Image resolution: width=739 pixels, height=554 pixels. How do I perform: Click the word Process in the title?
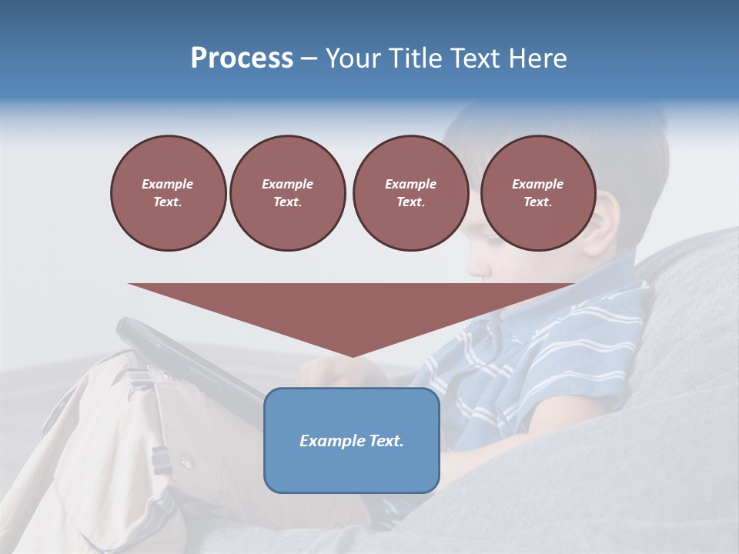pyautogui.click(x=242, y=58)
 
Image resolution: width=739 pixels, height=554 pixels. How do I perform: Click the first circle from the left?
pyautogui.click(x=168, y=192)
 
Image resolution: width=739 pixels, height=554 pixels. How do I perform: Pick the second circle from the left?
pyautogui.click(x=287, y=192)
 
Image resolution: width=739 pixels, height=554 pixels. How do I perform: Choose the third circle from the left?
pyautogui.click(x=410, y=192)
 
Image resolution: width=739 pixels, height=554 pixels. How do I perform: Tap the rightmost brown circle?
pyautogui.click(x=537, y=192)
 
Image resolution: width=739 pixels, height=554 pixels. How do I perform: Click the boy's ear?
pyautogui.click(x=604, y=219)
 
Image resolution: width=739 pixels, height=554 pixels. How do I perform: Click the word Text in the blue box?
pyautogui.click(x=385, y=441)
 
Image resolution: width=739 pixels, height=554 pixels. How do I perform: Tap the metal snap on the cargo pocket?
pyautogui.click(x=186, y=462)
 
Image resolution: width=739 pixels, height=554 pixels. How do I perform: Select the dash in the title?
pyautogui.click(x=309, y=58)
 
